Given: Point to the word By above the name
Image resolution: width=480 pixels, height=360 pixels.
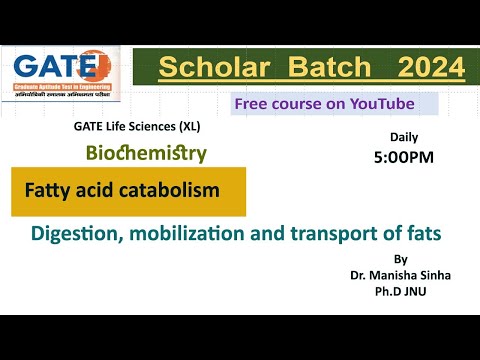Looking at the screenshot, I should [x=401, y=258].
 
